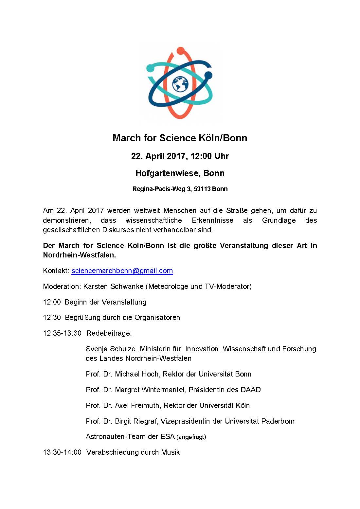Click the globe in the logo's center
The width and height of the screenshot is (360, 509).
[180, 84]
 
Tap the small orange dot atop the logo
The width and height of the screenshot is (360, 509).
[181, 51]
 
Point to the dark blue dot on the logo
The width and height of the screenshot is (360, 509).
[208, 76]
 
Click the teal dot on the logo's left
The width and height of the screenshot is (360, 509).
[150, 68]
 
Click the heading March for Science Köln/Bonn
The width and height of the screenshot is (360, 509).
[180, 138]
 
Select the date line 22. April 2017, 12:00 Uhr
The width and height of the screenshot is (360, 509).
[180, 156]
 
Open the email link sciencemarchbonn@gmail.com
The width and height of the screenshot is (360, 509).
[122, 271]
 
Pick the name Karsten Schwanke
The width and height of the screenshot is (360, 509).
[113, 287]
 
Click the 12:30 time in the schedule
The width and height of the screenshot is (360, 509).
[52, 318]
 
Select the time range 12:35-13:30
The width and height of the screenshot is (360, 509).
[62, 333]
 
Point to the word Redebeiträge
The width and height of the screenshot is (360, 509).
[109, 333]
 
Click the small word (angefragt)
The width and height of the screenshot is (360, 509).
[191, 437]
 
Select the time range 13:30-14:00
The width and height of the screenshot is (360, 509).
[62, 452]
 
